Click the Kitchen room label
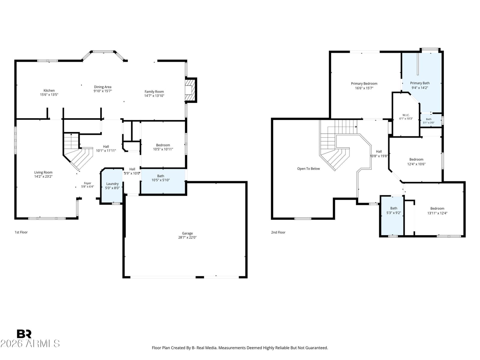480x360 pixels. click(x=49, y=90)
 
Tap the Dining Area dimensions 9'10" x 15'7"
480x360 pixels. click(x=103, y=91)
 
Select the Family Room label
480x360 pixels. click(x=154, y=91)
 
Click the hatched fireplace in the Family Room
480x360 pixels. click(x=190, y=90)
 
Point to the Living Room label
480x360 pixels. click(x=43, y=172)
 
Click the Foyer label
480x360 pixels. click(x=88, y=183)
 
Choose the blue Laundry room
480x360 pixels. click(x=112, y=186)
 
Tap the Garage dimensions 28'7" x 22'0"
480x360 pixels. click(x=187, y=237)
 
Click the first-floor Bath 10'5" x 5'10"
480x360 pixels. click(x=163, y=181)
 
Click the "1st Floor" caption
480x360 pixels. click(x=21, y=232)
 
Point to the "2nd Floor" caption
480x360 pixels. click(x=278, y=232)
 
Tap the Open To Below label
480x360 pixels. click(x=308, y=169)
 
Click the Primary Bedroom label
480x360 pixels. click(x=364, y=83)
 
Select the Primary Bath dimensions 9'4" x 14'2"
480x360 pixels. click(x=420, y=88)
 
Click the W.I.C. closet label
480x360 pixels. click(x=406, y=115)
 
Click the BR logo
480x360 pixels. click(x=24, y=334)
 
